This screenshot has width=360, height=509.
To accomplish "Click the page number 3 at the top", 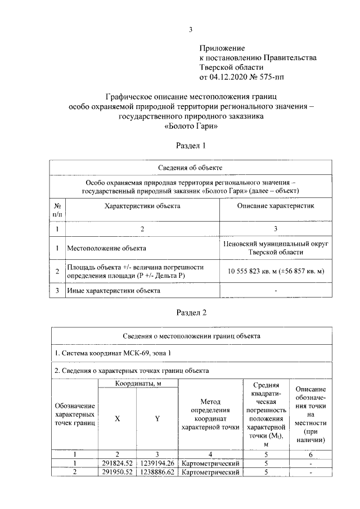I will click(191, 30).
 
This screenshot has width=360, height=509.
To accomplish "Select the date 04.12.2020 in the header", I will click(231, 75).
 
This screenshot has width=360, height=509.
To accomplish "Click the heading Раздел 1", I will click(191, 146).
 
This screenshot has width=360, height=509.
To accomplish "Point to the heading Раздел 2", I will click(191, 313).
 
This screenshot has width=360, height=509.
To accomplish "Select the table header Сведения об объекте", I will click(191, 168).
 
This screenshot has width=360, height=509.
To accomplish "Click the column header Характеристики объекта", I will click(142, 206).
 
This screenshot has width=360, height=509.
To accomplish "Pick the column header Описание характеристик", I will click(276, 206).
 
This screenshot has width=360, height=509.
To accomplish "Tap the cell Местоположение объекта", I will click(107, 247).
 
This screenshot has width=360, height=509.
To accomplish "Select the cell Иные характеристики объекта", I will click(114, 291).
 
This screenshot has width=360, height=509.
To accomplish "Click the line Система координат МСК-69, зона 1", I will click(112, 353).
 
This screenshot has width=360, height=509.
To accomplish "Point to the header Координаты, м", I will click(138, 383).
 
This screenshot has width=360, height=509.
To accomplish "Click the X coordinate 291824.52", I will click(117, 463).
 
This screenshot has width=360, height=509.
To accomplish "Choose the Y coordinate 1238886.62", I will click(157, 472).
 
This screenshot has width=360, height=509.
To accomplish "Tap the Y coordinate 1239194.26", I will click(157, 463).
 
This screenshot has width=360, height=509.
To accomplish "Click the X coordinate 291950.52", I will click(117, 472).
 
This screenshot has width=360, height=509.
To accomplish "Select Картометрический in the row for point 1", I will click(210, 463).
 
